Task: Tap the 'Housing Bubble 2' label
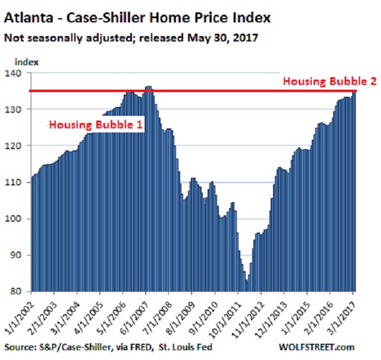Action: point(329,82)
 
